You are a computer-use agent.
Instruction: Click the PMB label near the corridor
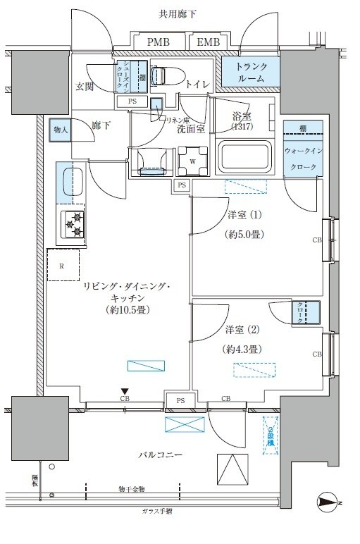(157, 43)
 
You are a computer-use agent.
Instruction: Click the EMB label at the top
(208, 43)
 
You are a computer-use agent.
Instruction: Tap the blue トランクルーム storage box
(251, 73)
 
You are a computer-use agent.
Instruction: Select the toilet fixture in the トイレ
(163, 75)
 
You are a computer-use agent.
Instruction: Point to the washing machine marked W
(192, 159)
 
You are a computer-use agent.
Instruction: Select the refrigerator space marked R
(63, 267)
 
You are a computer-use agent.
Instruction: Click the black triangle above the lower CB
(125, 391)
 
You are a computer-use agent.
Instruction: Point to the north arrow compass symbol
(328, 502)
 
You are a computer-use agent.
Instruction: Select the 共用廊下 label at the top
(180, 14)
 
